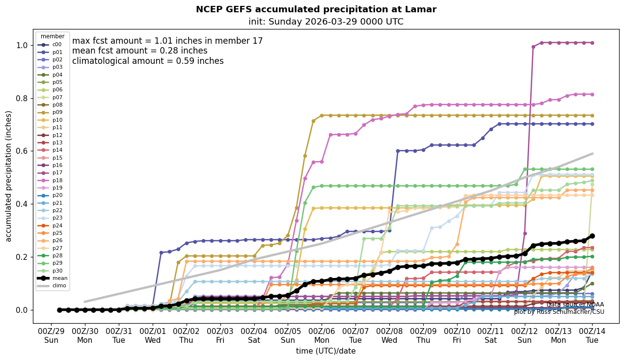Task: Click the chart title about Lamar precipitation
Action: click(316, 9)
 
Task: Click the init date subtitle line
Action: click(326, 22)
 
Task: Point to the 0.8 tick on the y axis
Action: click(22, 98)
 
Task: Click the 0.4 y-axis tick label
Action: click(22, 204)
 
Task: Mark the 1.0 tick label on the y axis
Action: click(22, 45)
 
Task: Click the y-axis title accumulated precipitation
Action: click(9, 176)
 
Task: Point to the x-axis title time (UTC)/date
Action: click(326, 351)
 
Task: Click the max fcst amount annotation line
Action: click(167, 41)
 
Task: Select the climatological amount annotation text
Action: click(148, 61)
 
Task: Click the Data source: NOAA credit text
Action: click(575, 305)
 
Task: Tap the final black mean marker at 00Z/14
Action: click(592, 236)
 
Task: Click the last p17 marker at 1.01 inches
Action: click(592, 43)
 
